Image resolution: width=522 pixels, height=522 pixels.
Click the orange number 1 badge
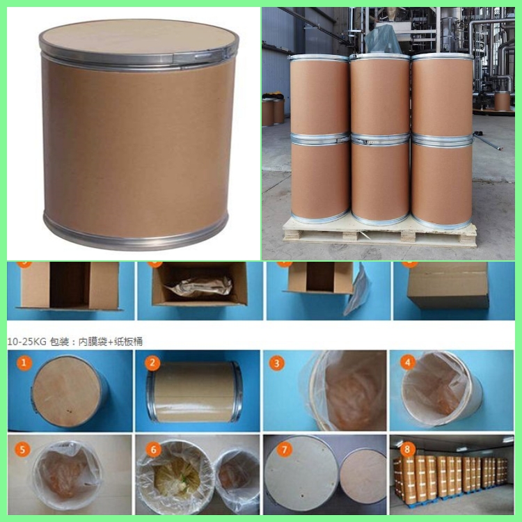[24, 363]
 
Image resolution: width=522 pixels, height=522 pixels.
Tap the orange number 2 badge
[154, 363]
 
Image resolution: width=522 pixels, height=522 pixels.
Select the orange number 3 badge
[278, 363]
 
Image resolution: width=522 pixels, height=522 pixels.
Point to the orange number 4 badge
[407, 363]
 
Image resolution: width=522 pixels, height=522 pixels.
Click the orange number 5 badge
[24, 450]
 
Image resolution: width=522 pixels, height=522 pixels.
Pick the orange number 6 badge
[154, 450]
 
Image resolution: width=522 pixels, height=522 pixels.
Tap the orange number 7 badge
[284, 450]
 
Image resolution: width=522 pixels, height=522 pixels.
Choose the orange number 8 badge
[407, 450]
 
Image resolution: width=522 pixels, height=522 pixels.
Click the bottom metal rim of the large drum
[136, 234]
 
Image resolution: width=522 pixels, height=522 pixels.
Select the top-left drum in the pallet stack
[319, 94]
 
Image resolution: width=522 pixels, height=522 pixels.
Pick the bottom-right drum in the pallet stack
[442, 181]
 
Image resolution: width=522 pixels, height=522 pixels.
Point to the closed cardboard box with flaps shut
[448, 285]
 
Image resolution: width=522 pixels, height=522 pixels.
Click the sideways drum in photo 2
[195, 392]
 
